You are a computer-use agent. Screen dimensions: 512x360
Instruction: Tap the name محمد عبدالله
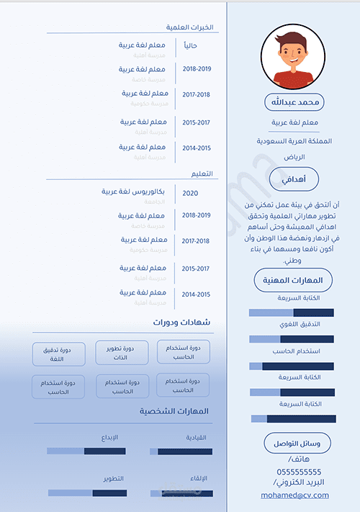click(294, 102)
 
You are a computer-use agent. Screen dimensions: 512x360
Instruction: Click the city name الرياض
click(294, 157)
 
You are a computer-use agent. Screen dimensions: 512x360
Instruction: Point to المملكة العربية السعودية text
click(294, 141)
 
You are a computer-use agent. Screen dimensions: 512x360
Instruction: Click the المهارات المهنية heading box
click(294, 280)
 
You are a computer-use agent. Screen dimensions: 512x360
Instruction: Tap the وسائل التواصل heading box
click(294, 442)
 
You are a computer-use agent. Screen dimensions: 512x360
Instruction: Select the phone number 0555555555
click(294, 472)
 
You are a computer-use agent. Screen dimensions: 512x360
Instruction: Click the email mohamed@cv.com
click(294, 495)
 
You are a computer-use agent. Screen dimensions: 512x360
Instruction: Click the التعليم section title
click(201, 174)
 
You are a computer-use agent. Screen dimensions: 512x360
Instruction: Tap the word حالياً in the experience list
click(191, 46)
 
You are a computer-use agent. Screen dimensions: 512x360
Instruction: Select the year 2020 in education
click(190, 193)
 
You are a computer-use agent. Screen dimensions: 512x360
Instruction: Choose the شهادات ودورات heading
click(181, 323)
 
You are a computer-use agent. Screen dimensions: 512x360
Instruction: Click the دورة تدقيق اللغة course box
click(59, 354)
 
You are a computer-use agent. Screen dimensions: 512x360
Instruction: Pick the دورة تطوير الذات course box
click(122, 352)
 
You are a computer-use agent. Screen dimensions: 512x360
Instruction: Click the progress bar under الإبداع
click(86, 452)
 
